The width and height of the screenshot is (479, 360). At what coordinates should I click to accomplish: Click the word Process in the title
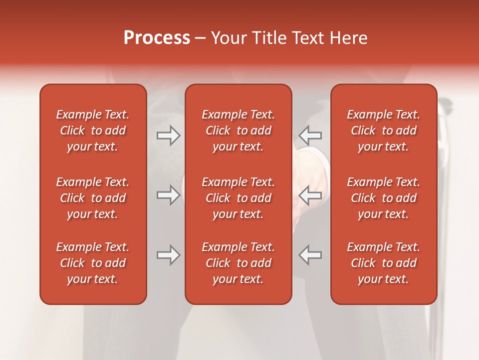pos(157,38)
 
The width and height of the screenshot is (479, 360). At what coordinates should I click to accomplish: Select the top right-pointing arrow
pos(169,135)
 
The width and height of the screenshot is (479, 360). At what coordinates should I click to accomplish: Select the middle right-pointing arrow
pos(169,195)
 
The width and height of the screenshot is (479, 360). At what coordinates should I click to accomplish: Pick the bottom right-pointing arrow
pos(169,255)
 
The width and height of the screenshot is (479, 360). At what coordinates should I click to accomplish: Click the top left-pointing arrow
pos(310,135)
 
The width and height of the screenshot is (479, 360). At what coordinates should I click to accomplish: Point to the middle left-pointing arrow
pos(310,195)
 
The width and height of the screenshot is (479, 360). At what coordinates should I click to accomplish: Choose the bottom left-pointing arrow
pos(310,255)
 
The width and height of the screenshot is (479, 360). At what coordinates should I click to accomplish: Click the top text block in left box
pos(93,130)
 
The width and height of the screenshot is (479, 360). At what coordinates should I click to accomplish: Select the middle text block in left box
pos(93,198)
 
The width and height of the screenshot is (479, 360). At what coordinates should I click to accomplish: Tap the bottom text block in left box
pos(93,263)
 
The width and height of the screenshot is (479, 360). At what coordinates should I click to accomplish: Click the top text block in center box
pos(239,130)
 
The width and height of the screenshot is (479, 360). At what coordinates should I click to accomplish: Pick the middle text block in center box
pos(239,198)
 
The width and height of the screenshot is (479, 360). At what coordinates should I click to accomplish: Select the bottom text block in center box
pos(239,263)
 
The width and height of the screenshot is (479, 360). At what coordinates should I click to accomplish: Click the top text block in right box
pos(384,130)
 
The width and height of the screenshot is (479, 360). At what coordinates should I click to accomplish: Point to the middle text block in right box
pos(384,198)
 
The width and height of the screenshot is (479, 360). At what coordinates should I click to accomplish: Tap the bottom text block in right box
pos(384,263)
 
